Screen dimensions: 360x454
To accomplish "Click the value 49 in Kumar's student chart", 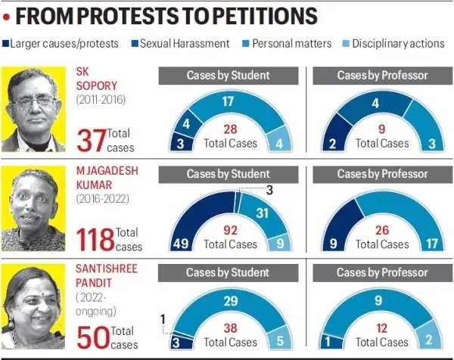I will tap(180, 243).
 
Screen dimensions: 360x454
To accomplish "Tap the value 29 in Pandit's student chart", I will tap(232, 300).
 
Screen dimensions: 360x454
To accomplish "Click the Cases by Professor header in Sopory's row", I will tap(381, 76).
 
